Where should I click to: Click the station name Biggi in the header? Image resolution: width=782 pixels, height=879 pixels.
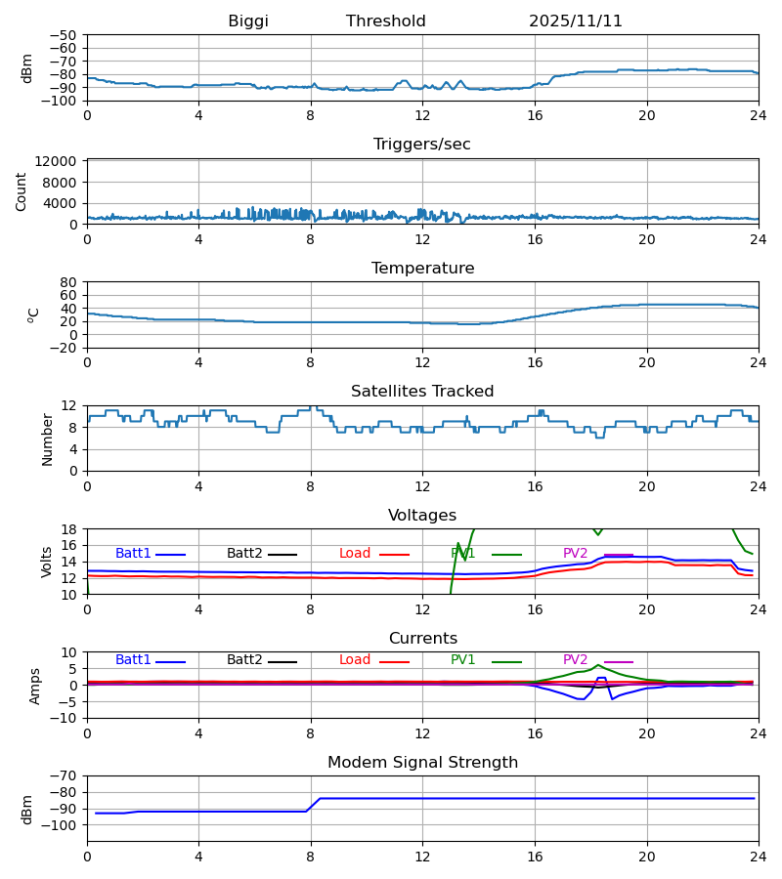pyautogui.click(x=248, y=21)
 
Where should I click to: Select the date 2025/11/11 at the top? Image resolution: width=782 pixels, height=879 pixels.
pyautogui.click(x=576, y=21)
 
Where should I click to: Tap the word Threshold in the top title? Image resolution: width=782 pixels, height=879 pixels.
pyautogui.click(x=386, y=21)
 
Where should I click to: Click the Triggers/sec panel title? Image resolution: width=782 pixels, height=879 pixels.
pyautogui.click(x=422, y=145)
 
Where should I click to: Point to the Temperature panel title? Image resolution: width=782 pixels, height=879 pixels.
pyautogui.click(x=422, y=269)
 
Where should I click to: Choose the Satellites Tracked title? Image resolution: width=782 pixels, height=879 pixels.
pyautogui.click(x=422, y=392)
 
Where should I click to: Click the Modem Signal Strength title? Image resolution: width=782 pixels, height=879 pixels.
pyautogui.click(x=422, y=763)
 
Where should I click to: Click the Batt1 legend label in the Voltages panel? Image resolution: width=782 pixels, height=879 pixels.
pyautogui.click(x=133, y=554)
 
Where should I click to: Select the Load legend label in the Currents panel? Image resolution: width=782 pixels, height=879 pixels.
pyautogui.click(x=355, y=660)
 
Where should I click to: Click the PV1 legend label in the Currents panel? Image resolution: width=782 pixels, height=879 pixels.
pyautogui.click(x=463, y=660)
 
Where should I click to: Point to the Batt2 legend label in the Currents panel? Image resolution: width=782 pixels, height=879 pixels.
pyautogui.click(x=244, y=660)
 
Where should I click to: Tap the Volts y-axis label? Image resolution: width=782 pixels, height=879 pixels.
pyautogui.click(x=47, y=562)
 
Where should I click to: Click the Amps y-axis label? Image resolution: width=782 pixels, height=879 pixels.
pyautogui.click(x=36, y=686)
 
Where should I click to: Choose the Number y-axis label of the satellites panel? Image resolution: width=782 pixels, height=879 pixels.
pyautogui.click(x=47, y=439)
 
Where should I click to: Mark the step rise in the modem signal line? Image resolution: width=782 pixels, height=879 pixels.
pyautogui.click(x=313, y=805)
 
